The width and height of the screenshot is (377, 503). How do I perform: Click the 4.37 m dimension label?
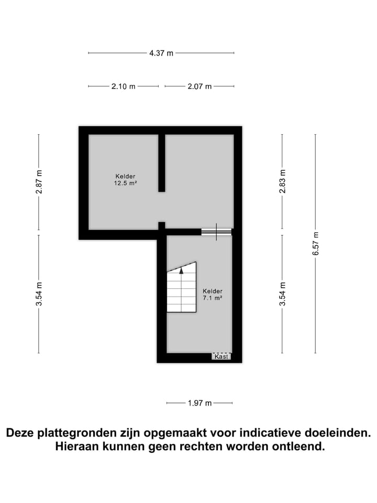pos(161,53)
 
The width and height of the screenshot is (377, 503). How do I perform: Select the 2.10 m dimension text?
pos(123,86)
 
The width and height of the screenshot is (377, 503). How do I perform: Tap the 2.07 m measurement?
pos(199,86)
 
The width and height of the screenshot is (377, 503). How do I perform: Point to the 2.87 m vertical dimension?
pos(39,182)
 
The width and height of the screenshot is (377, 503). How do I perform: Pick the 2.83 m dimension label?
pos(282,182)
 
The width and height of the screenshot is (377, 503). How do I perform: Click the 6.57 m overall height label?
pos(315,244)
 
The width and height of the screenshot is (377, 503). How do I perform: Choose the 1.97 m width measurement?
pos(199,403)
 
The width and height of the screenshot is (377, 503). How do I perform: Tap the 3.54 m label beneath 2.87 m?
pos(39,294)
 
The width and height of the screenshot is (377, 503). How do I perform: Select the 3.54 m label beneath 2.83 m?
pos(282,294)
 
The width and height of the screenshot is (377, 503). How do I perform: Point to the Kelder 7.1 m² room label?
pos(212,294)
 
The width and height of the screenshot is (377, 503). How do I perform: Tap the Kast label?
pos(221,356)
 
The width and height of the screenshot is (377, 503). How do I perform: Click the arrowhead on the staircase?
pos(181,270)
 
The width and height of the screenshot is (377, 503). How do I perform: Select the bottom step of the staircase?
pos(181,308)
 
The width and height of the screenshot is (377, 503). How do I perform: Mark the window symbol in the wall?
pos(216,232)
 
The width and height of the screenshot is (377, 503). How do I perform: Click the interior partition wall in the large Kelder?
pos(162,162)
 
